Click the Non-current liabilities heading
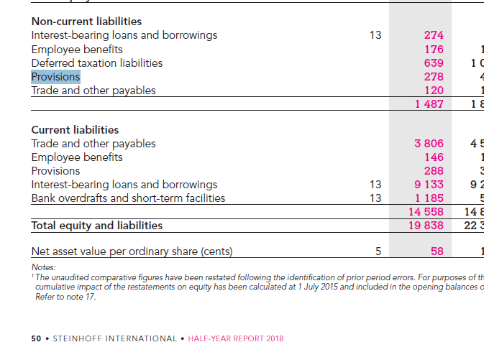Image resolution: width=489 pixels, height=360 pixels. pos(86,22)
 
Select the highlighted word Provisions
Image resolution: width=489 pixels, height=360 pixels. pos(55,77)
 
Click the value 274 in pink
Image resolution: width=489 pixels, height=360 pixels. pos(434,35)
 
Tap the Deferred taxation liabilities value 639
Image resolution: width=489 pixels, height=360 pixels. pos(434,63)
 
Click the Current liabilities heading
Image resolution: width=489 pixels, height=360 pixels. pos(75,130)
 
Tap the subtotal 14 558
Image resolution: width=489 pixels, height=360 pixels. pos(426,212)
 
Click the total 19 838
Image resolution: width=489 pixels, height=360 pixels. pos(426,226)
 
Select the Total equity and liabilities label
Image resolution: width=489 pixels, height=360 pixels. pos(96,226)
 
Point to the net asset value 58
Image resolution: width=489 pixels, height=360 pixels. pos(437,251)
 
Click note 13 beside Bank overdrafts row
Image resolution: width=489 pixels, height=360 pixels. pos(375,198)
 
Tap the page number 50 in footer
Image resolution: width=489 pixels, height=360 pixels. pos(36,338)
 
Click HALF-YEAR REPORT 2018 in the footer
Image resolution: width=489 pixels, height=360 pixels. pos(235,338)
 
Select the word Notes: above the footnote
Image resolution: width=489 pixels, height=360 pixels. pos(43,267)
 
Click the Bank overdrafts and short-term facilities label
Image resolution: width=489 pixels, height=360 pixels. pos(128,198)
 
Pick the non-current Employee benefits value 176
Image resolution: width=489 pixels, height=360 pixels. pos(434,50)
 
